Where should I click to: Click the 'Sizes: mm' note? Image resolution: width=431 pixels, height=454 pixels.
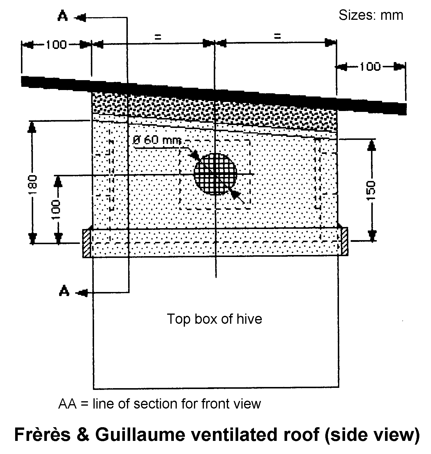click(x=370, y=15)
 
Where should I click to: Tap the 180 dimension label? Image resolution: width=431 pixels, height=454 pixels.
click(x=33, y=185)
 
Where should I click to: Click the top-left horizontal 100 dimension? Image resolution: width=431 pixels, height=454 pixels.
click(x=56, y=45)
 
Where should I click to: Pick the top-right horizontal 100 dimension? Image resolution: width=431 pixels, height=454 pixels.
click(x=370, y=67)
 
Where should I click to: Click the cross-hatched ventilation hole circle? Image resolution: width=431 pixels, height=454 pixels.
click(x=215, y=174)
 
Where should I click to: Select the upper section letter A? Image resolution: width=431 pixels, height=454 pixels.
click(x=62, y=17)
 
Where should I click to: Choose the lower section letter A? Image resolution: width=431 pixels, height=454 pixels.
click(x=64, y=291)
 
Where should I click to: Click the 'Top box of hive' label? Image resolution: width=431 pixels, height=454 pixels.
click(x=214, y=319)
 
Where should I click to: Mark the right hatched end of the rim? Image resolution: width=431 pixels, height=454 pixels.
click(x=344, y=242)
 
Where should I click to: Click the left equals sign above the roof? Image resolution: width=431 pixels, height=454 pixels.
click(x=157, y=37)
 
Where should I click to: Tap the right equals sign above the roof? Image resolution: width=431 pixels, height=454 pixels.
click(x=277, y=36)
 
